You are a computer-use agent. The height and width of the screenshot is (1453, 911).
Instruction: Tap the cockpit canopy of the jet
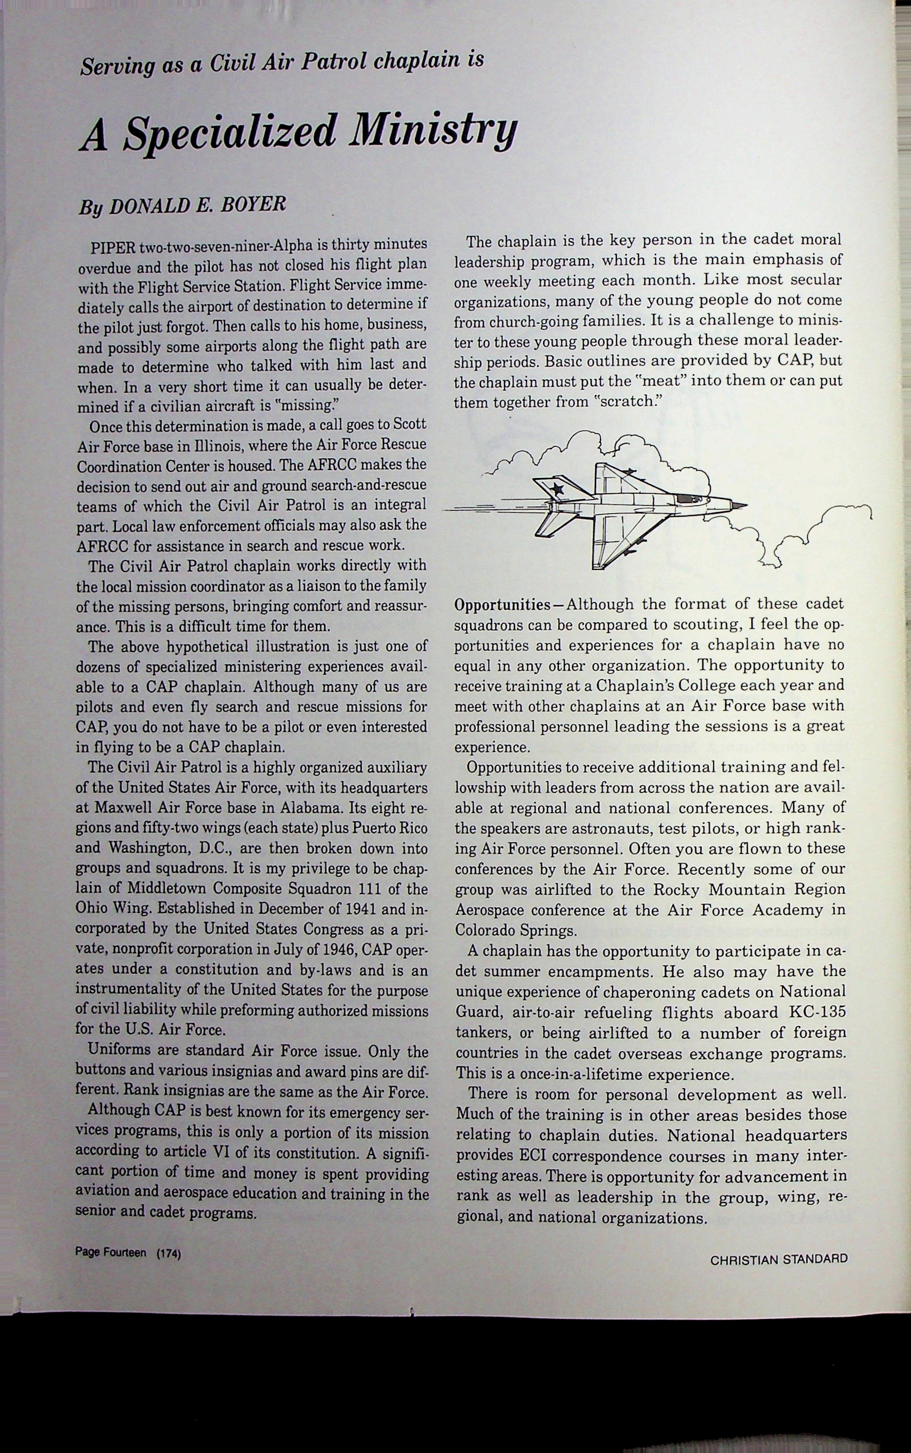point(689,498)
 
